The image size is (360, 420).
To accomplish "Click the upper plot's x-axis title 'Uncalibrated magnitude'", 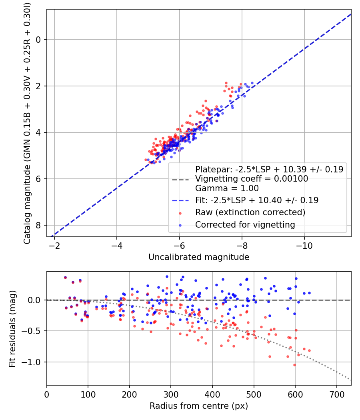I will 199,257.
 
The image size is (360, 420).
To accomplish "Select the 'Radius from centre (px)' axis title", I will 199,406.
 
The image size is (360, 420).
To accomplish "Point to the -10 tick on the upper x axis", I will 304,245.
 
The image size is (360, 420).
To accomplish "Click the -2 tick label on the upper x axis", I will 54,245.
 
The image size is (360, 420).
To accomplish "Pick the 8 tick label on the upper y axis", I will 38,225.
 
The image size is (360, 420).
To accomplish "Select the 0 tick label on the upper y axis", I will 38,40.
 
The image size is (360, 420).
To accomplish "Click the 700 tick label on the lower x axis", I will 336,394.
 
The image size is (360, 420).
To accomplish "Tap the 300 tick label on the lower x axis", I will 171,394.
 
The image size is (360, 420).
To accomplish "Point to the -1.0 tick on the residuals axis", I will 33,362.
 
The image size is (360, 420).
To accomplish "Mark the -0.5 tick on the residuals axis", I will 33,331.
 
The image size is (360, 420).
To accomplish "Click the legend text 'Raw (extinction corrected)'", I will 250,212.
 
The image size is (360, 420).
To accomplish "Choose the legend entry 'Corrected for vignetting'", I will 245,225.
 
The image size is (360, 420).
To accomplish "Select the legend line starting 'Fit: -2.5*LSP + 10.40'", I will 257,200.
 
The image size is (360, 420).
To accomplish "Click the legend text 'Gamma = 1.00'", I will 227,188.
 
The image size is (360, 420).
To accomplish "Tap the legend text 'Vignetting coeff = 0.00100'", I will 252,179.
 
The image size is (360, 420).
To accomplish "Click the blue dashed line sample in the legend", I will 180,200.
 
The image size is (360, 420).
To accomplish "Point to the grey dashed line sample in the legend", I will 180,179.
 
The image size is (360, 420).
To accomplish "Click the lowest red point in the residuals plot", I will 294,365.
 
